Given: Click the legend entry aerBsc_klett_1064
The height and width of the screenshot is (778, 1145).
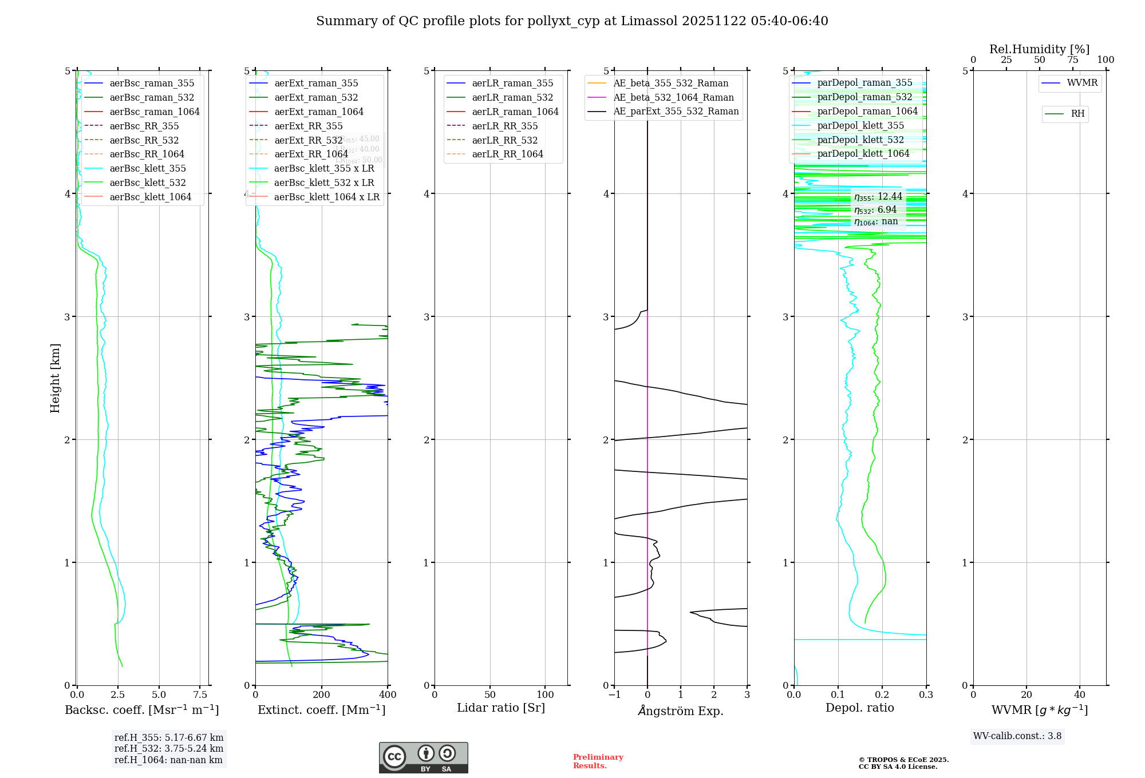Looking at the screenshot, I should click(x=150, y=197).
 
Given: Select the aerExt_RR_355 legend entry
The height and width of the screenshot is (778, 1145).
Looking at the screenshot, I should click(x=308, y=126).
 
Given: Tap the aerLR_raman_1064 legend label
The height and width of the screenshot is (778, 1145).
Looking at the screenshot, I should click(x=515, y=112).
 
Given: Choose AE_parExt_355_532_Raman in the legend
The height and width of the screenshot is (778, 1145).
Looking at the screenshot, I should click(x=676, y=111).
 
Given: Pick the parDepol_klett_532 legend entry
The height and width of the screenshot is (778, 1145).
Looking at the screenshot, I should click(x=860, y=140).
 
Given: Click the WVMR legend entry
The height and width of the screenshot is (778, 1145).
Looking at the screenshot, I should click(x=1082, y=83).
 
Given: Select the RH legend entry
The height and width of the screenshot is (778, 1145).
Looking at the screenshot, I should click(x=1077, y=114).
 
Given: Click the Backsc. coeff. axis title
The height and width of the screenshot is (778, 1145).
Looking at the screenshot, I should click(x=142, y=710).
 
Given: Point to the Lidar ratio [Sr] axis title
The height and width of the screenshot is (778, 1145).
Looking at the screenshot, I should click(x=501, y=708).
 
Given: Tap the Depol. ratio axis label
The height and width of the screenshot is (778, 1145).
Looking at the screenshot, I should click(x=859, y=708).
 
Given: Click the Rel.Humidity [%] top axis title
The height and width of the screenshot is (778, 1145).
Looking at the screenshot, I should click(x=1039, y=49).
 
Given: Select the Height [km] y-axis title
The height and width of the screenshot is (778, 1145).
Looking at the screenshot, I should click(x=55, y=378).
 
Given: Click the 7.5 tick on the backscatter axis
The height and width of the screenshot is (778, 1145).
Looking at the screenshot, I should click(x=200, y=694).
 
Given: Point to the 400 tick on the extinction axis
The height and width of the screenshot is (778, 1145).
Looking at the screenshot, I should click(x=388, y=694).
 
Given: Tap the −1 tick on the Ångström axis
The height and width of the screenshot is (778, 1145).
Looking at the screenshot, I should click(x=614, y=694).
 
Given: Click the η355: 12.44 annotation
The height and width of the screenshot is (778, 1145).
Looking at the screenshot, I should click(x=878, y=197).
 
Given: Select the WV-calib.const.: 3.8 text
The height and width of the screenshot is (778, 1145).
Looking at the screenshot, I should click(x=1017, y=736).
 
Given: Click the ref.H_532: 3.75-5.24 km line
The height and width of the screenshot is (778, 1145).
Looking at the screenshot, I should click(x=169, y=748).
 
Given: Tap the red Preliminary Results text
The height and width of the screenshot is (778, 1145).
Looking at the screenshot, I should click(x=598, y=761).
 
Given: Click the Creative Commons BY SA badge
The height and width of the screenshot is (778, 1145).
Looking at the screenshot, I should click(x=423, y=757).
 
